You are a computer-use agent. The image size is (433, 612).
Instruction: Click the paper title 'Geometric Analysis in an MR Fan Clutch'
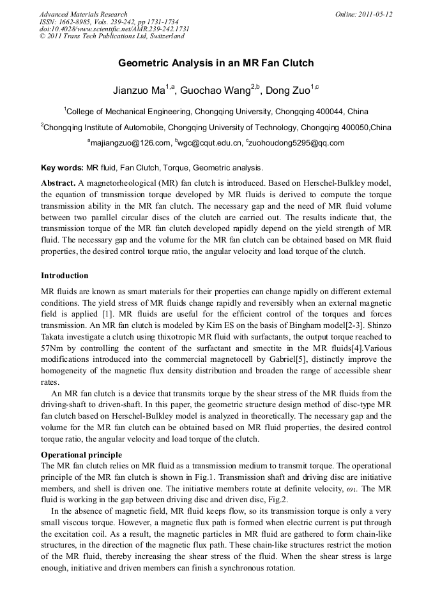pyautogui.click(x=216, y=64)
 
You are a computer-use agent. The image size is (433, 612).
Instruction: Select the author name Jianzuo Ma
pyautogui.click(x=137, y=90)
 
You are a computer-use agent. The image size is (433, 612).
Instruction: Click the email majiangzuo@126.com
pyautogui.click(x=130, y=143)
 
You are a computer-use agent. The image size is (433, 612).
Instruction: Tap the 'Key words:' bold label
pyautogui.click(x=62, y=168)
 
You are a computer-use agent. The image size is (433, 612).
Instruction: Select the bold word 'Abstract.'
pyautogui.click(x=58, y=183)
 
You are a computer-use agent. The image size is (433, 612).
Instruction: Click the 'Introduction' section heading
pyautogui.click(x=65, y=276)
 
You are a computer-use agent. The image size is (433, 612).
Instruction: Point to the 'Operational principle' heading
pyautogui.click(x=81, y=455)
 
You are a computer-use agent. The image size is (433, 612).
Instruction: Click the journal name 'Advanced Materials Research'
pyautogui.click(x=83, y=14)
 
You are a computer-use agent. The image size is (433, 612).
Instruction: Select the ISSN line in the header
pyautogui.click(x=102, y=22)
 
